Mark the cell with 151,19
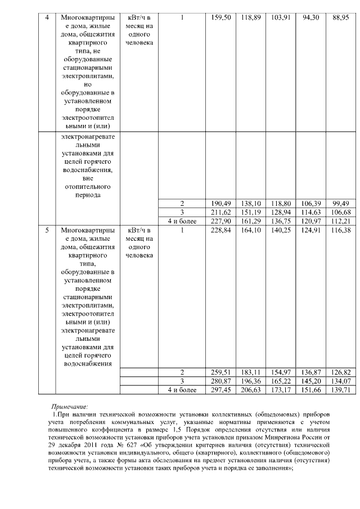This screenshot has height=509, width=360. tap(247, 212)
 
